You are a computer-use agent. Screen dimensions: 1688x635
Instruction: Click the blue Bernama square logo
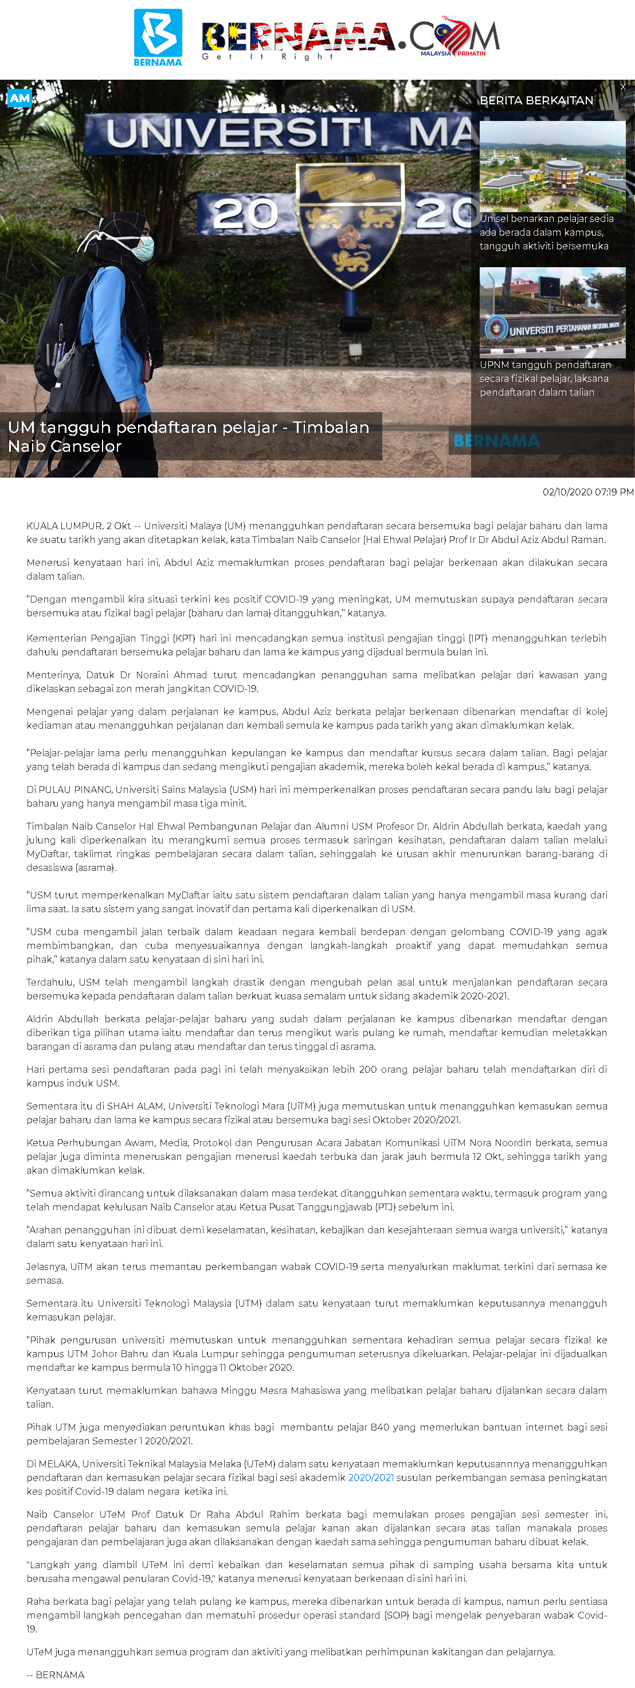pyautogui.click(x=158, y=37)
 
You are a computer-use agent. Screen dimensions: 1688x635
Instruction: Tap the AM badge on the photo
pyautogui.click(x=19, y=98)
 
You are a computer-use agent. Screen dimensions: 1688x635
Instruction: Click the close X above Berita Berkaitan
pyautogui.click(x=622, y=87)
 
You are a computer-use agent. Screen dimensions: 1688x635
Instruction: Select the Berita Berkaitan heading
pyautogui.click(x=536, y=100)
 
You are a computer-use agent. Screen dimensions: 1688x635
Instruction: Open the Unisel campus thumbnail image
pyautogui.click(x=552, y=166)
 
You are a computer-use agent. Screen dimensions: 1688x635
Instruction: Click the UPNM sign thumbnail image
pyautogui.click(x=552, y=312)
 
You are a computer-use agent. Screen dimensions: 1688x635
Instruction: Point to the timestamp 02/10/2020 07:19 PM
pyautogui.click(x=587, y=492)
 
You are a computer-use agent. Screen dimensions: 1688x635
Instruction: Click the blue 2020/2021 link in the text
pyautogui.click(x=371, y=1478)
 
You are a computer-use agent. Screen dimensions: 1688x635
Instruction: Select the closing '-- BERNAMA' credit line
pyautogui.click(x=56, y=1674)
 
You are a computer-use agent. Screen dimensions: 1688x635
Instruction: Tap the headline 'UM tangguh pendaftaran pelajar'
pyautogui.click(x=189, y=436)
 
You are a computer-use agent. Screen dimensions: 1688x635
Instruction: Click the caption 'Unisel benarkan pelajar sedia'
pyautogui.click(x=546, y=219)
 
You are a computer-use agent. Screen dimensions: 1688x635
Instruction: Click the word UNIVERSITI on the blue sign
pyautogui.click(x=239, y=133)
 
